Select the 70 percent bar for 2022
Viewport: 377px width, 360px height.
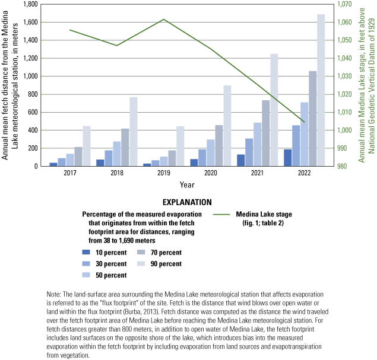click(x=312, y=119)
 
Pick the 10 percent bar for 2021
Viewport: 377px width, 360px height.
click(x=240, y=160)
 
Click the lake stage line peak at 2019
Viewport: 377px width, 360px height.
click(x=164, y=20)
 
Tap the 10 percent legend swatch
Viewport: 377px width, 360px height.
click(x=87, y=253)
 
